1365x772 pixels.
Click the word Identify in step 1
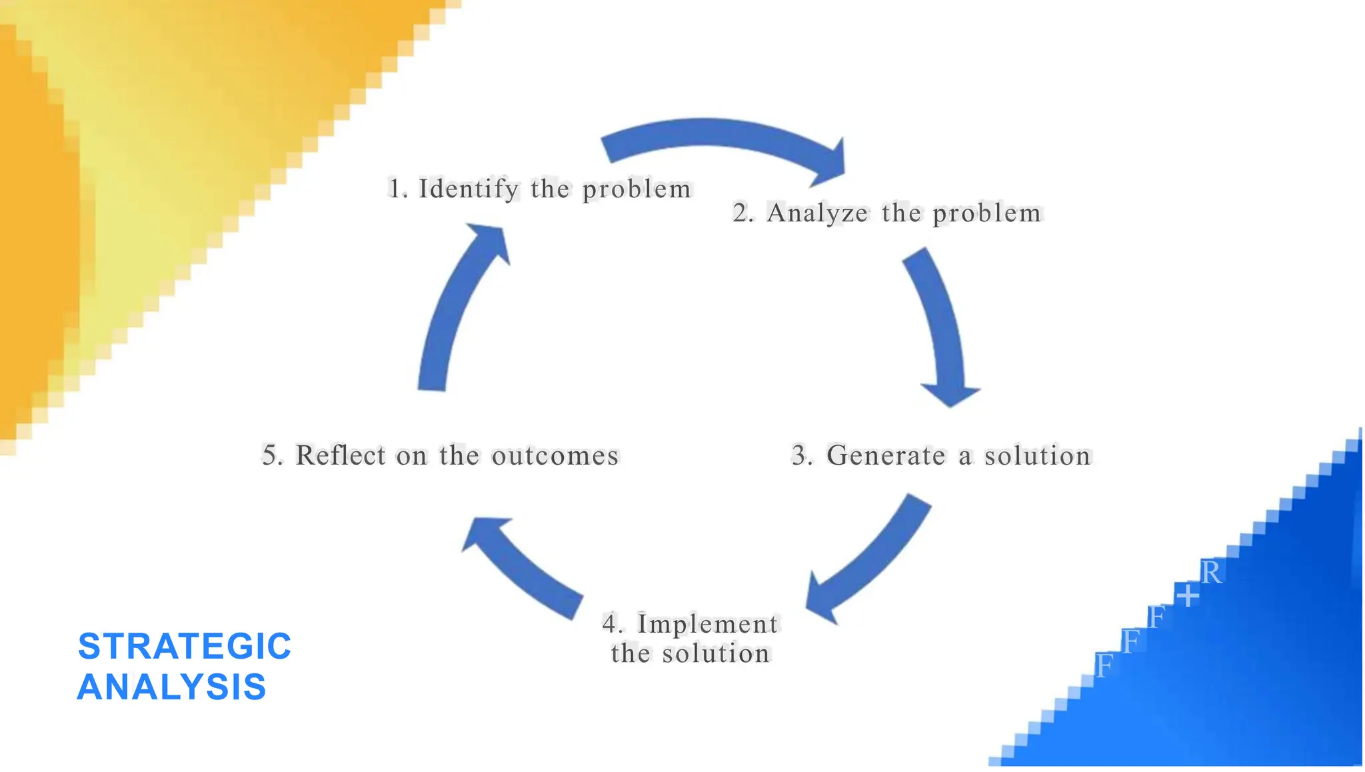point(468,189)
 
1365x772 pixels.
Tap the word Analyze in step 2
point(817,213)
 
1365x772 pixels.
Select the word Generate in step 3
point(886,456)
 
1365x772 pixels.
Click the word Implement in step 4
point(707,625)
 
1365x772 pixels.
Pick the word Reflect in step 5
point(341,456)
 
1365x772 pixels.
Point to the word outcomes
point(555,456)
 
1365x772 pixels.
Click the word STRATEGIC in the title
point(185,646)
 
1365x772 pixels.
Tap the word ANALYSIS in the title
point(172,687)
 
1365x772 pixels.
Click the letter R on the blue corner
point(1211,573)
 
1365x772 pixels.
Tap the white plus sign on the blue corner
point(1187,595)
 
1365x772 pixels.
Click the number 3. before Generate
point(802,456)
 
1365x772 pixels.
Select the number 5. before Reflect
point(273,456)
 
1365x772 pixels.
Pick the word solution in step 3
point(1037,456)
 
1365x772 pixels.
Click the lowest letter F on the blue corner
point(1104,666)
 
